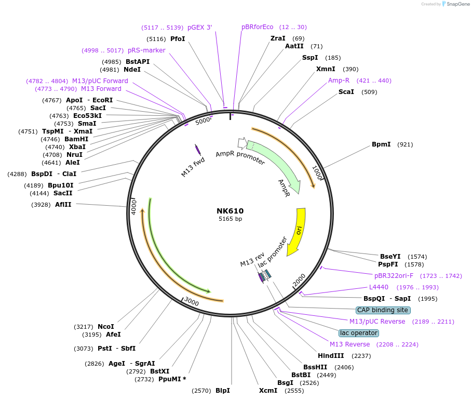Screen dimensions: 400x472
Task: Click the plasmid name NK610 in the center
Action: (230, 211)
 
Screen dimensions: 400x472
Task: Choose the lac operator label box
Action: (358, 333)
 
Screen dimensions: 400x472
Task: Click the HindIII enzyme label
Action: (331, 356)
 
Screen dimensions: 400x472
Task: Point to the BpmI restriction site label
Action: (381, 144)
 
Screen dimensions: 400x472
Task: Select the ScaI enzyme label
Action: (346, 92)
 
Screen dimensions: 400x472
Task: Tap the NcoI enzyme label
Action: (106, 326)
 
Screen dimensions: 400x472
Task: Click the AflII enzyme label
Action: (63, 205)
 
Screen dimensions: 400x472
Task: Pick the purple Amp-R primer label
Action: (339, 81)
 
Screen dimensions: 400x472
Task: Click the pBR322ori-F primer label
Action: (394, 276)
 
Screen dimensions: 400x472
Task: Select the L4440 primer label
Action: (379, 287)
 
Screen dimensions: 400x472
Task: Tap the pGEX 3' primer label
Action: (199, 27)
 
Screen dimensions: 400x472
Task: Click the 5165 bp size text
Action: (230, 219)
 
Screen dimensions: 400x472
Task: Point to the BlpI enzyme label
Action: (223, 391)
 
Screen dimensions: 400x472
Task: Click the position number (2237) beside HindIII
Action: (362, 356)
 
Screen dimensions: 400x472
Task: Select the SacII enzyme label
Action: (63, 193)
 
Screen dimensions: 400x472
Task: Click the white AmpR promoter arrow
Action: (241, 143)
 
